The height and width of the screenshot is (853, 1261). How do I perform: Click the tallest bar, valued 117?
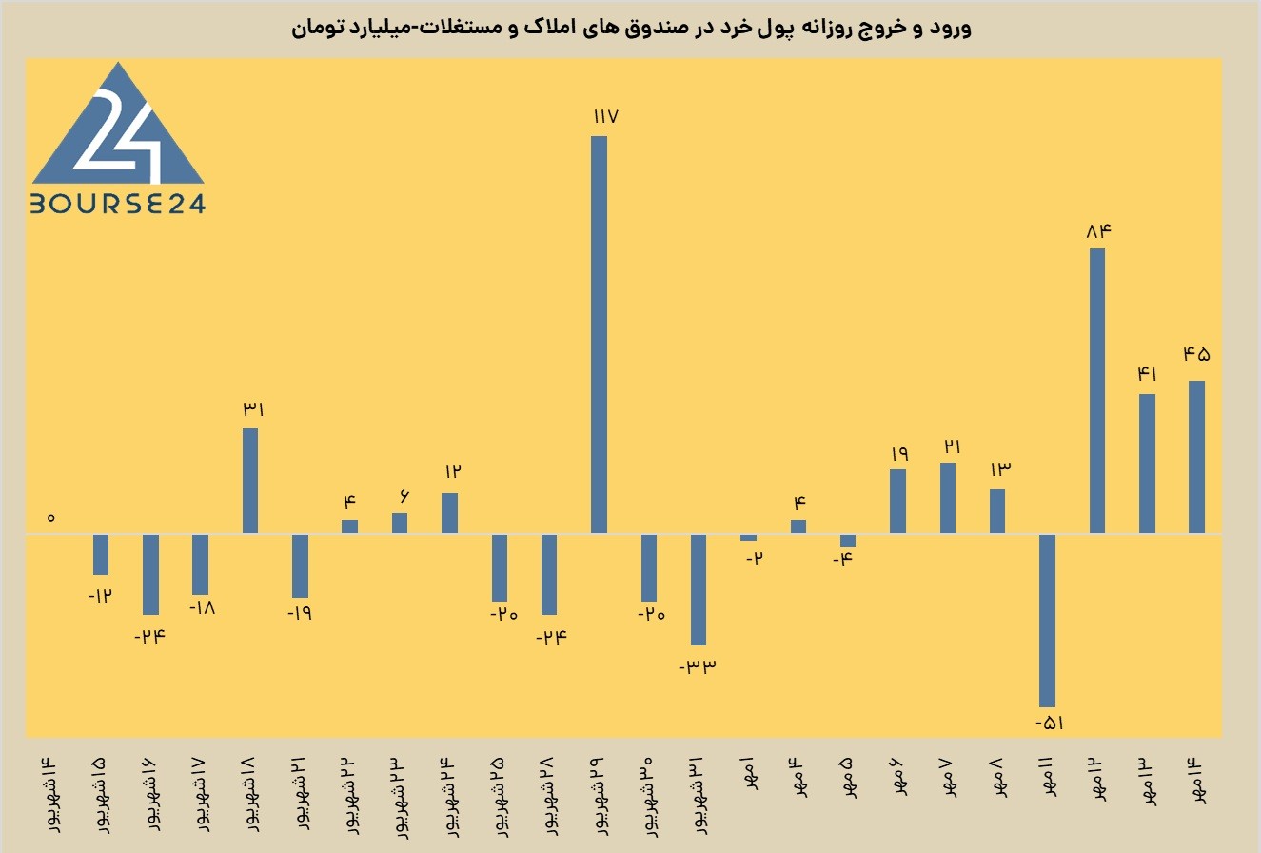[599, 334]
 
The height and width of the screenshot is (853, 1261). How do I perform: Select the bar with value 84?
[1097, 390]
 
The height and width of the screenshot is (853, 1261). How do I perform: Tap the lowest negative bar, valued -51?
[1047, 621]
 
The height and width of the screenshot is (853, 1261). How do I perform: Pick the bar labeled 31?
[250, 481]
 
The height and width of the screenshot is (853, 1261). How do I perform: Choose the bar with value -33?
[699, 589]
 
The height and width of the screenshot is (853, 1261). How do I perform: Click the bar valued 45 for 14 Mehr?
[1197, 457]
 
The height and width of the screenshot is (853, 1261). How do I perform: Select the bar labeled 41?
[1148, 464]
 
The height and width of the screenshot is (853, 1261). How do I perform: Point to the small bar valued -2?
[748, 538]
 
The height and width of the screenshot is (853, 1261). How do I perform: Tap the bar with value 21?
[948, 498]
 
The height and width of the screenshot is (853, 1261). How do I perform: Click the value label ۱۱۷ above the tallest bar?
[606, 116]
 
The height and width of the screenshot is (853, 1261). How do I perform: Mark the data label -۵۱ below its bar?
[1050, 723]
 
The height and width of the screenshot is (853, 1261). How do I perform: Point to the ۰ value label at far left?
[51, 517]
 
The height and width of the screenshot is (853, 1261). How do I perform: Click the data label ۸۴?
[1099, 230]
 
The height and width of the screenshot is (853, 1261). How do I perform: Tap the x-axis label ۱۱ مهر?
[1047, 777]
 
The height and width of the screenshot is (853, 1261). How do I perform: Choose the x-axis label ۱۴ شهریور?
[51, 795]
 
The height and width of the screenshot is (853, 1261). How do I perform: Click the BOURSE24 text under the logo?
[118, 204]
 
